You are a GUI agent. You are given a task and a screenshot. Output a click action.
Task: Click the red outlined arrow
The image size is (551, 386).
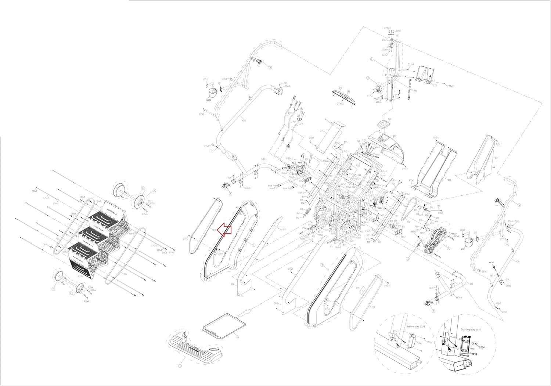click(224, 230)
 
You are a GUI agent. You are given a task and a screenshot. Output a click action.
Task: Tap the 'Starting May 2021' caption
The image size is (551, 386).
click(471, 330)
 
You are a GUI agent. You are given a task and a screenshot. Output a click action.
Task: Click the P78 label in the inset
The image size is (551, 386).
click(462, 349)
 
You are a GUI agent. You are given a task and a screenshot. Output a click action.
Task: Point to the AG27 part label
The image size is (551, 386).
click(491, 263)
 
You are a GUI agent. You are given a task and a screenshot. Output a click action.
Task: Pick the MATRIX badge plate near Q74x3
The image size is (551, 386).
click(344, 94)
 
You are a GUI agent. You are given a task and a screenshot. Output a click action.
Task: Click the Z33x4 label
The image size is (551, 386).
click(411, 64)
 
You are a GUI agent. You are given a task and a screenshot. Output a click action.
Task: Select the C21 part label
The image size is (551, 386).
click(435, 85)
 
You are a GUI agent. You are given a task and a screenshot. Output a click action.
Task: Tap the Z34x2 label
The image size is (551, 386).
click(450, 86)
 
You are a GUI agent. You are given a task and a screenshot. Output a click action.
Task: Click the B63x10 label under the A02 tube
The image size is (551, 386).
click(459, 297)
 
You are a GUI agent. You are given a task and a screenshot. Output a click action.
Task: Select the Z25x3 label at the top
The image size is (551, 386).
click(387, 28)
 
